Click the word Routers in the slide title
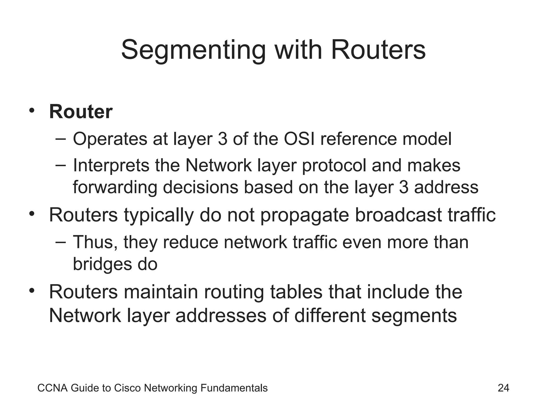click(378, 50)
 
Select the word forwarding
click(115, 187)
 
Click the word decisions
click(200, 187)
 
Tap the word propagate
click(304, 215)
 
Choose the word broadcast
click(398, 215)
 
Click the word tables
click(296, 292)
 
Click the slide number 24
click(503, 388)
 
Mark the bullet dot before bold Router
click(32, 111)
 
